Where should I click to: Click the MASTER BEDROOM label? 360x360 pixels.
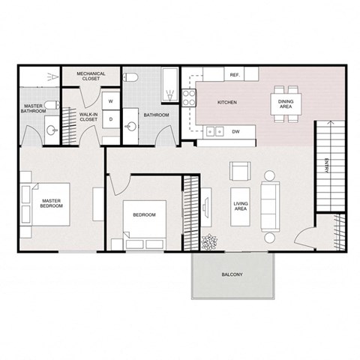[51, 203]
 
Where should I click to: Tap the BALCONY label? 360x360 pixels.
[232, 275]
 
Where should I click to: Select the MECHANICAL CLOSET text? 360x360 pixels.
[91, 76]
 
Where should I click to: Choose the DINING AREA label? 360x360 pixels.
[286, 104]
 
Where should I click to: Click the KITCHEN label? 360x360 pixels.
[227, 102]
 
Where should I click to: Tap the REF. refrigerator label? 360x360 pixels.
[234, 76]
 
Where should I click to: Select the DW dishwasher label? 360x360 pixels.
[236, 131]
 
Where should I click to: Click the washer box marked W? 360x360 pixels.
[110, 101]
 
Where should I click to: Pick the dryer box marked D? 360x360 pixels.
[110, 118]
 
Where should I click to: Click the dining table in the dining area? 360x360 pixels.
[286, 104]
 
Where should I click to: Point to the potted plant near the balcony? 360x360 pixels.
[209, 241]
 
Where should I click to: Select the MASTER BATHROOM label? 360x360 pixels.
[33, 109]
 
